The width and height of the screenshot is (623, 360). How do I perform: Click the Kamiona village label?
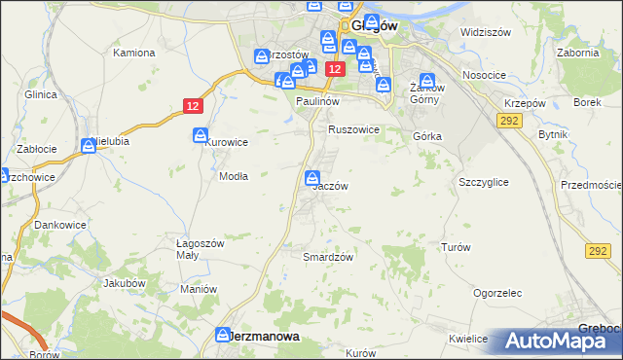tap(133, 52)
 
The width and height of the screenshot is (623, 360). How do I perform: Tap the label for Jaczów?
tap(329, 186)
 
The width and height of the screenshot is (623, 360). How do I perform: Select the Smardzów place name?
tap(327, 257)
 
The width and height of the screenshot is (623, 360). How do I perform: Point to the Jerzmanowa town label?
tap(263, 335)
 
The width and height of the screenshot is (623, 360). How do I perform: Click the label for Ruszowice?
tap(353, 129)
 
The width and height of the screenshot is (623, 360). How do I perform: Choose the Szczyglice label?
tap(483, 182)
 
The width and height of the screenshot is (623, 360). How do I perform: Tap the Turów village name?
tap(456, 248)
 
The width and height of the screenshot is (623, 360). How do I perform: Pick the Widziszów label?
tap(486, 32)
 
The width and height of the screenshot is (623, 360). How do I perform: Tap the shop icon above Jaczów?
tap(312, 178)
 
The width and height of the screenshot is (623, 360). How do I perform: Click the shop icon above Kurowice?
tap(200, 135)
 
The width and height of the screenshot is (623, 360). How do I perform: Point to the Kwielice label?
tap(468, 340)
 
